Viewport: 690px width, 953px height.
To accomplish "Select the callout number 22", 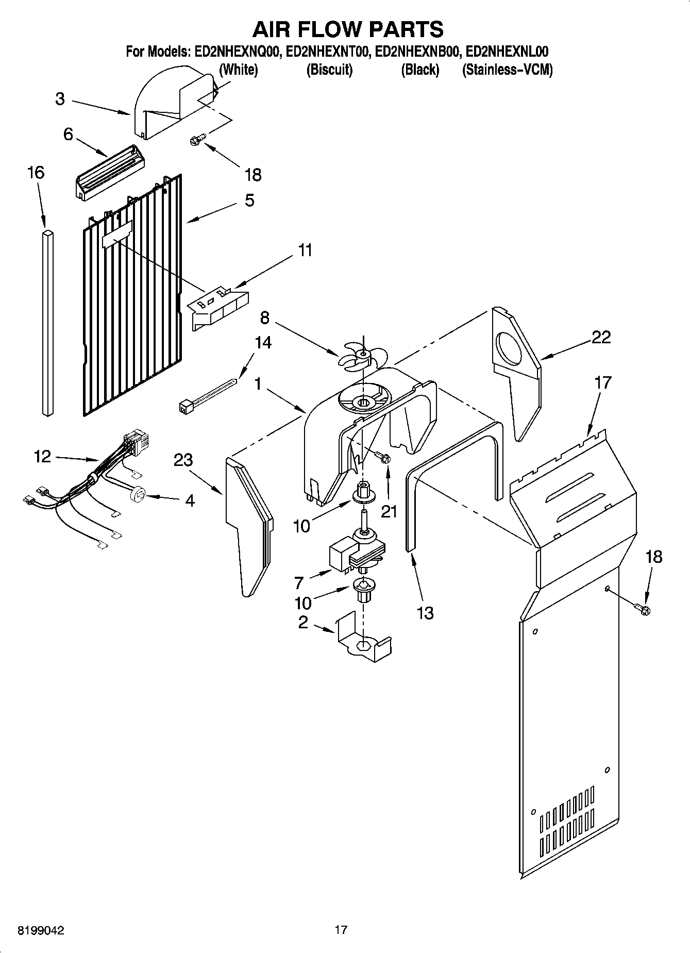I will click(x=601, y=338).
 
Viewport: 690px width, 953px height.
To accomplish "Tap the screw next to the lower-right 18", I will click(x=644, y=610).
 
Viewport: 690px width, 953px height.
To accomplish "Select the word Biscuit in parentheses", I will click(x=329, y=70).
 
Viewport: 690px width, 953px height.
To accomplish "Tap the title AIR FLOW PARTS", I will click(x=347, y=29).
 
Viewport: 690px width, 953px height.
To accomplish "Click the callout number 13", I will click(x=425, y=613).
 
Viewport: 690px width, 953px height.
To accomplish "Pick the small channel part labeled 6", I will click(x=110, y=173).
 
